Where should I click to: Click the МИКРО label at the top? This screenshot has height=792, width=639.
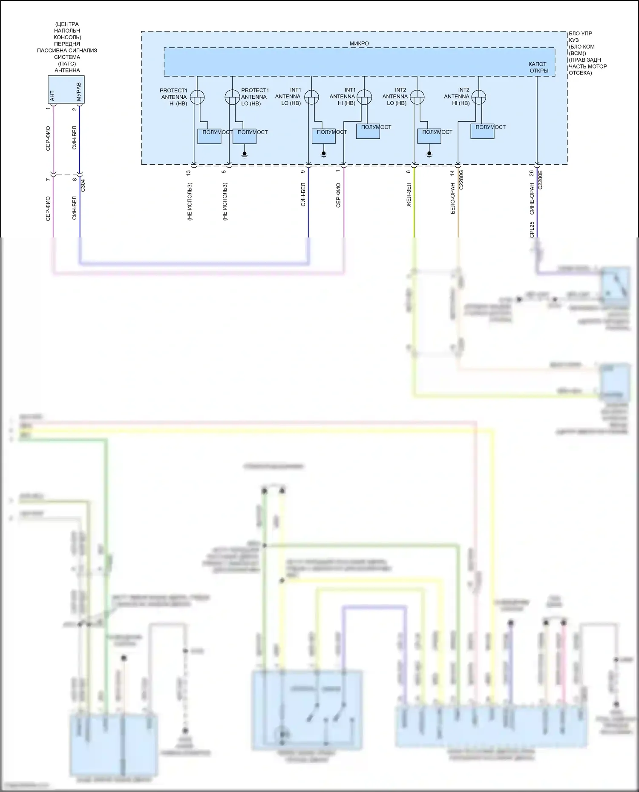tap(359, 43)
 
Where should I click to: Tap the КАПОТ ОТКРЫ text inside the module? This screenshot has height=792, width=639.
tap(538, 67)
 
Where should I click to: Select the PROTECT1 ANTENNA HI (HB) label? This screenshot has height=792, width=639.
tap(173, 97)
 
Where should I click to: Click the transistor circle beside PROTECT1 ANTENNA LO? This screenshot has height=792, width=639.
tap(232, 97)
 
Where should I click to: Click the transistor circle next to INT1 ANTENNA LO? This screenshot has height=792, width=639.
tap(311, 97)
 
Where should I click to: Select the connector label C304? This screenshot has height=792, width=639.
tap(83, 185)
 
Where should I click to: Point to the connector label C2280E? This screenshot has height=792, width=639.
tap(540, 180)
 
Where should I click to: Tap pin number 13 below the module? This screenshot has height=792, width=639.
tap(188, 172)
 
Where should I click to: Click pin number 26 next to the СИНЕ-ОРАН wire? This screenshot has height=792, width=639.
tap(531, 173)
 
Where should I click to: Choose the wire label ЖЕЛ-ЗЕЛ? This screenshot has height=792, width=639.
tap(409, 195)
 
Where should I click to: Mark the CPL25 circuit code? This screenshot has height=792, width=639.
tap(532, 230)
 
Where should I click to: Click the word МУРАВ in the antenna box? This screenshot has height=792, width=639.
tap(78, 91)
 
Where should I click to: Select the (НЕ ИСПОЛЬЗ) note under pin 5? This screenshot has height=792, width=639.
tap(225, 202)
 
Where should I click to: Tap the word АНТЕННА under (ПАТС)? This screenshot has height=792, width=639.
tap(67, 70)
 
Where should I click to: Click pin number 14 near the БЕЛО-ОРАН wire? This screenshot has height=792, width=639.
tap(452, 173)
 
